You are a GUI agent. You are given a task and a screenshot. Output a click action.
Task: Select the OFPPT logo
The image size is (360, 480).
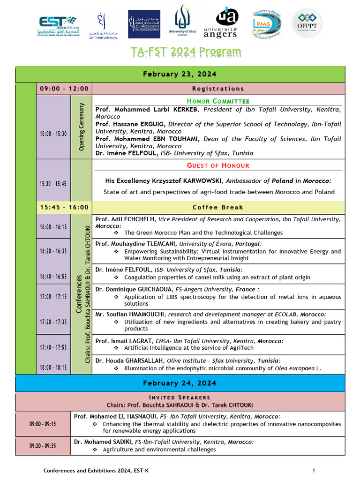(307, 23)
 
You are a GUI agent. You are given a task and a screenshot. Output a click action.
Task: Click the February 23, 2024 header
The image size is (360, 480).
(180, 74)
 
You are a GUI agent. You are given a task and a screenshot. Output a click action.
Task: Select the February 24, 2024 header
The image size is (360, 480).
(180, 383)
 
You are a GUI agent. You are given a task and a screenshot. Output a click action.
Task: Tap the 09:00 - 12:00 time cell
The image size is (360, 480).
(64, 89)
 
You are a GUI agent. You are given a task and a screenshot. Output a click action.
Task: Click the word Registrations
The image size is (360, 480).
(218, 89)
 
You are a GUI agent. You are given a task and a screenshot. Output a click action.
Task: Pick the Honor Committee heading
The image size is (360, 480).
(218, 101)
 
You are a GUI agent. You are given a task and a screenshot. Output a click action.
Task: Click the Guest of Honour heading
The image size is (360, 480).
(218, 165)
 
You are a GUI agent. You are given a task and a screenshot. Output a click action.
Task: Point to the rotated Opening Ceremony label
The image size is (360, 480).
(82, 127)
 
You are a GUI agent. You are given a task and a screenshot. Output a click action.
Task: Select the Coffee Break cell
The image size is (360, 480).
(218, 207)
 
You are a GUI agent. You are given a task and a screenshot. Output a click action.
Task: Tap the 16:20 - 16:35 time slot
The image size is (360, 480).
(53, 251)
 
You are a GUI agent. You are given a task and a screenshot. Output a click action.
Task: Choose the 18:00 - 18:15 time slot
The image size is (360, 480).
(53, 368)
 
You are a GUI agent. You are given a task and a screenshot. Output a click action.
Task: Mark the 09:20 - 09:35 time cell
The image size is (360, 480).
(43, 446)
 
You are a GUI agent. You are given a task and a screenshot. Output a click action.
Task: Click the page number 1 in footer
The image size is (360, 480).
(314, 470)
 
